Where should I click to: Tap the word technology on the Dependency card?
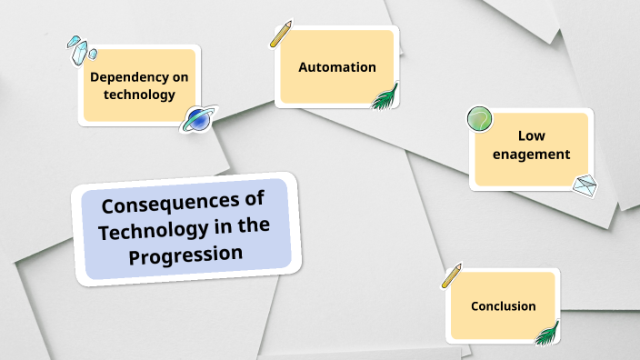click(x=139, y=94)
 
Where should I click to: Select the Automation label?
click(x=337, y=66)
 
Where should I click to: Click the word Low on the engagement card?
click(x=532, y=135)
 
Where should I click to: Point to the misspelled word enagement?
click(x=532, y=154)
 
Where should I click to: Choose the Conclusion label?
click(x=503, y=306)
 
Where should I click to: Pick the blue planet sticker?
click(x=199, y=119)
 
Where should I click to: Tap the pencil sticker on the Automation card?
click(x=281, y=34)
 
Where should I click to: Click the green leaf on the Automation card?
click(x=385, y=96)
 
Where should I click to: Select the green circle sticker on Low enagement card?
click(x=479, y=118)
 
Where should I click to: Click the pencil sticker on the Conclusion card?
click(x=452, y=275)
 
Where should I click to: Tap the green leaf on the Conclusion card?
click(x=547, y=334)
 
